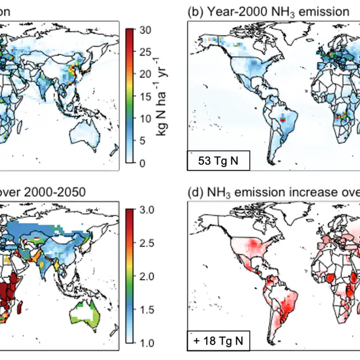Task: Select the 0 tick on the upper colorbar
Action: [x=142, y=163]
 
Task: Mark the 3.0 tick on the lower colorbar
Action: [x=145, y=209]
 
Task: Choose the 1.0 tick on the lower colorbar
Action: [x=145, y=343]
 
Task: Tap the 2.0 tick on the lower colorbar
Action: [x=145, y=276]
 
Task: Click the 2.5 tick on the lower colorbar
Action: [x=145, y=243]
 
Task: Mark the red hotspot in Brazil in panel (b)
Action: [x=283, y=118]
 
